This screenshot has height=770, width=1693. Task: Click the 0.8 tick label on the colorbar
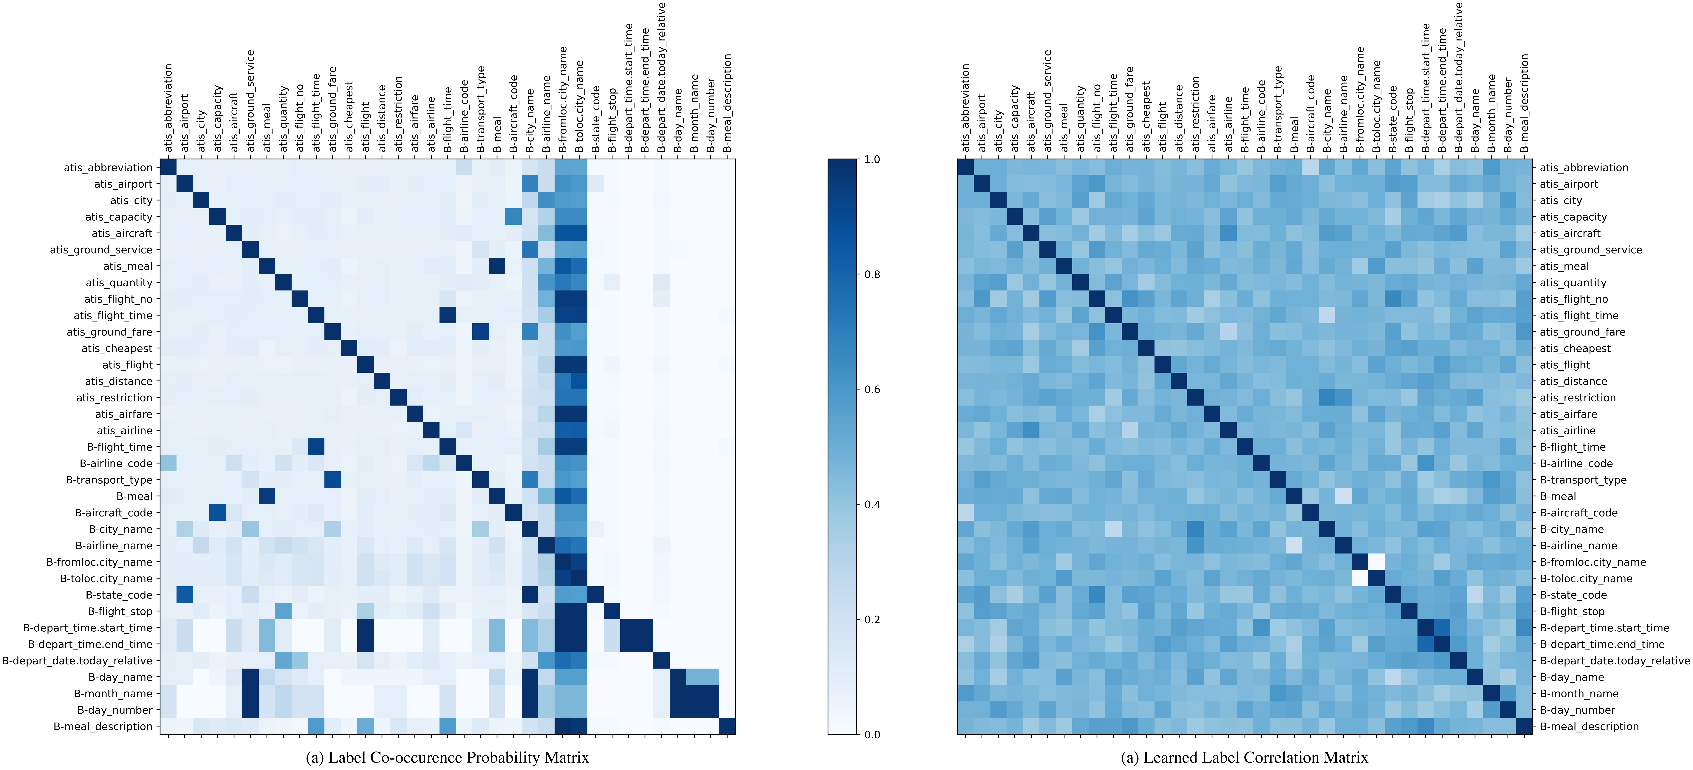coord(872,274)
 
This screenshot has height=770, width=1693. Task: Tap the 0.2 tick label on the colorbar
coord(872,619)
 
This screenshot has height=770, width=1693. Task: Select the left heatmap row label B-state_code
coord(119,595)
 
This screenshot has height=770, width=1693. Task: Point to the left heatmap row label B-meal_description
coord(103,727)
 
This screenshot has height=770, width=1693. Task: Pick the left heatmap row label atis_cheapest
coord(117,349)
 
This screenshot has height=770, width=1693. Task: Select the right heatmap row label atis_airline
coord(1567,431)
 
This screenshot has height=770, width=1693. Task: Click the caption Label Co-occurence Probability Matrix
coord(448,757)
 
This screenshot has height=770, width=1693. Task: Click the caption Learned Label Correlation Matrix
coord(1244,757)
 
